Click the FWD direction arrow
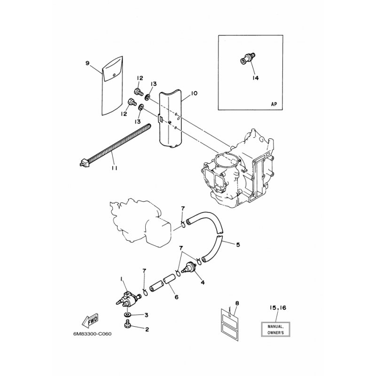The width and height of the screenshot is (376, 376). coord(90,321)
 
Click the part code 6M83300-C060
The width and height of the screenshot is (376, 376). coord(93,334)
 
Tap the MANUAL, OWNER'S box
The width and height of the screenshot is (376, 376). coord(275,329)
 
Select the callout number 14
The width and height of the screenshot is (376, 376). coord(256,78)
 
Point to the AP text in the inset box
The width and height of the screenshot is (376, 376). coord(274,104)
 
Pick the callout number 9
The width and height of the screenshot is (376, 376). coord(87,63)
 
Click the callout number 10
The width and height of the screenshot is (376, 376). coord(194,93)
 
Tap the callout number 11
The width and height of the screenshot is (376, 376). coord(114,168)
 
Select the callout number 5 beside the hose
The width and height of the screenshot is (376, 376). coord(238,245)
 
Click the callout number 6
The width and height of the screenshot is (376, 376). coord(177,297)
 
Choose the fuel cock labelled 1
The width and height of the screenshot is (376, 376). coord(128,298)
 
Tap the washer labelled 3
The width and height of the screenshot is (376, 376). coord(127,314)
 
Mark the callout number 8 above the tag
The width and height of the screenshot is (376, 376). coord(237,304)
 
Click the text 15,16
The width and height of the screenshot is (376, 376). coord(278,308)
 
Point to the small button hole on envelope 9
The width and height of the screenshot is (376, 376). coord(114,75)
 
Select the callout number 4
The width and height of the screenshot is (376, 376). coord(203,283)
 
